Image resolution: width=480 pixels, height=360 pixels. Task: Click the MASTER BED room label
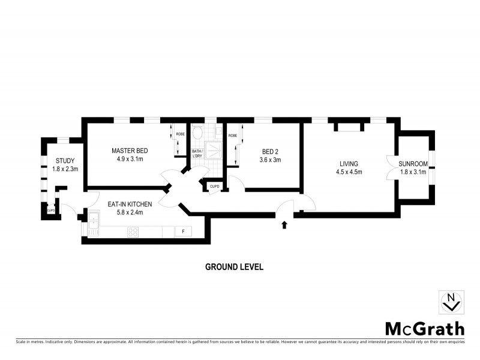click(130, 151)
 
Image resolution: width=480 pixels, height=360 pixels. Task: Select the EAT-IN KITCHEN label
click(130, 205)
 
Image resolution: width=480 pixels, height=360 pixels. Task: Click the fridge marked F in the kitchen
click(182, 232)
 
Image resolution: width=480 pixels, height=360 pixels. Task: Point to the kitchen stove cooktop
click(133, 232)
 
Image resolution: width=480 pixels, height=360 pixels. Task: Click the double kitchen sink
click(95, 224)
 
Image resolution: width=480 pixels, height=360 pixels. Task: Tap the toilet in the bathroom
click(197, 134)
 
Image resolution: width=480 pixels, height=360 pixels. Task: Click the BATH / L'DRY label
click(197, 154)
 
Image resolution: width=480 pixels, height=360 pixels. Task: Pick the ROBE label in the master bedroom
click(181, 134)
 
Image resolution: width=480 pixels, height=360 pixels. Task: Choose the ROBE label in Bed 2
click(232, 136)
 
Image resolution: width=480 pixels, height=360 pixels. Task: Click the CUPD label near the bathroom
click(214, 187)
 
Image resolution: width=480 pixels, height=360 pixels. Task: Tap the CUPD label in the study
click(51, 211)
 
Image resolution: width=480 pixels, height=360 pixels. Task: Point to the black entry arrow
click(284, 225)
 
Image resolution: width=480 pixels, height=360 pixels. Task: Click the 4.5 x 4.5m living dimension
click(349, 172)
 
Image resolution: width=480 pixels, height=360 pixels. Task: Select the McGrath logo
click(424, 328)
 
